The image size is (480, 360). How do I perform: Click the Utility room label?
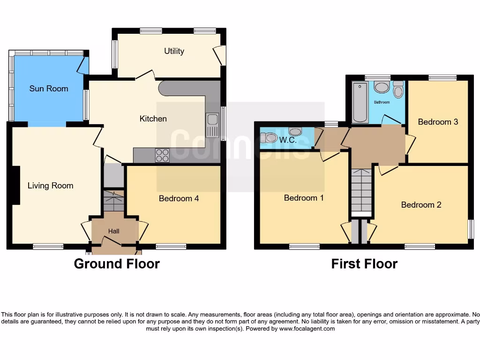click(174, 51)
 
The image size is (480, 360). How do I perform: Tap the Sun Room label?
click(49, 89)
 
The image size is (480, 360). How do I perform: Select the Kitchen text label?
click(153, 119)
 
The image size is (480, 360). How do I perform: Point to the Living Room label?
click(50, 186)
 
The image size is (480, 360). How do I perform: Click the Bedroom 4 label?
click(179, 198)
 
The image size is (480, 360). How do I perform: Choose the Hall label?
click(114, 231)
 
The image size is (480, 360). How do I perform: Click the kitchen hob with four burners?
click(162, 155)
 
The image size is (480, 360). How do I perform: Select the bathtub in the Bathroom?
click(360, 102)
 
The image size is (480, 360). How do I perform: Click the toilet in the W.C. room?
click(270, 138)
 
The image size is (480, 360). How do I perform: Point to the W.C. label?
click(288, 140)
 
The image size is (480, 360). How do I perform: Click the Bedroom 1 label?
click(304, 198)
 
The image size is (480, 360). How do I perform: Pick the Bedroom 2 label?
click(421, 205)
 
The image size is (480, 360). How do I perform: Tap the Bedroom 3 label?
click(438, 122)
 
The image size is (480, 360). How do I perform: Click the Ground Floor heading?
click(117, 264)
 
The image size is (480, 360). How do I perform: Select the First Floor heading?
click(364, 264)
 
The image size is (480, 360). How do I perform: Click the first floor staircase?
click(361, 190)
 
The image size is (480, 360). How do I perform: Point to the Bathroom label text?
click(382, 102)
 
